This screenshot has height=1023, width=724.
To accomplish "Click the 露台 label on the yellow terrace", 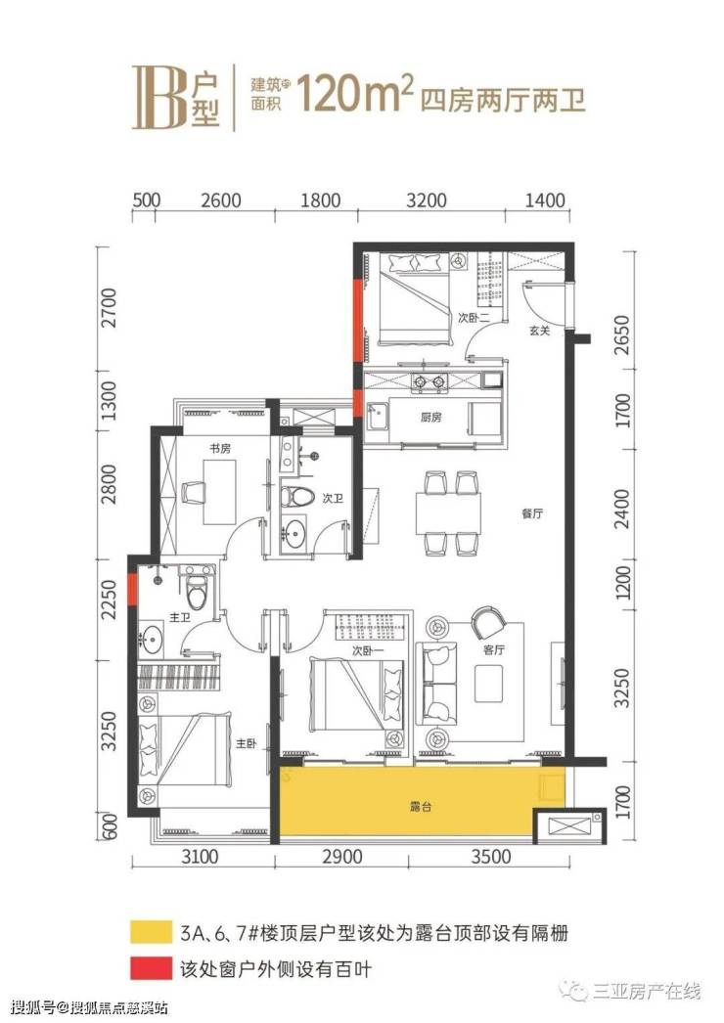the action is [x=421, y=807].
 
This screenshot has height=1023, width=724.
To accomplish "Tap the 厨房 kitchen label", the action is [x=430, y=417].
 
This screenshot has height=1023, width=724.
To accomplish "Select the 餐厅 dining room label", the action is [x=532, y=513].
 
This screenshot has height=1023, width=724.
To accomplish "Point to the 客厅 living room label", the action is [x=493, y=649].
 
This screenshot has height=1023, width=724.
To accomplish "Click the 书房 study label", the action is [x=219, y=449].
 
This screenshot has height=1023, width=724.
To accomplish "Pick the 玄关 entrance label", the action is [x=539, y=331].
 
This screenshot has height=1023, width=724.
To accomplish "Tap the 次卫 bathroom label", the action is [x=333, y=499].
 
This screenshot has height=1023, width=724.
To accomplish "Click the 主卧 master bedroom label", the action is [x=247, y=743].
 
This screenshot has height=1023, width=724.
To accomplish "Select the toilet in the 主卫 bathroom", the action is [x=197, y=589].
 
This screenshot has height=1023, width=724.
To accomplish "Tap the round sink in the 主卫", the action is [x=152, y=639].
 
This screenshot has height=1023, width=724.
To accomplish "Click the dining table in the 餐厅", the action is [x=448, y=513].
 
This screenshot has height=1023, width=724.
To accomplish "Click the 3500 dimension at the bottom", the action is [x=491, y=856].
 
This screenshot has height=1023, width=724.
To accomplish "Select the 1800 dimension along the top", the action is [x=321, y=200].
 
